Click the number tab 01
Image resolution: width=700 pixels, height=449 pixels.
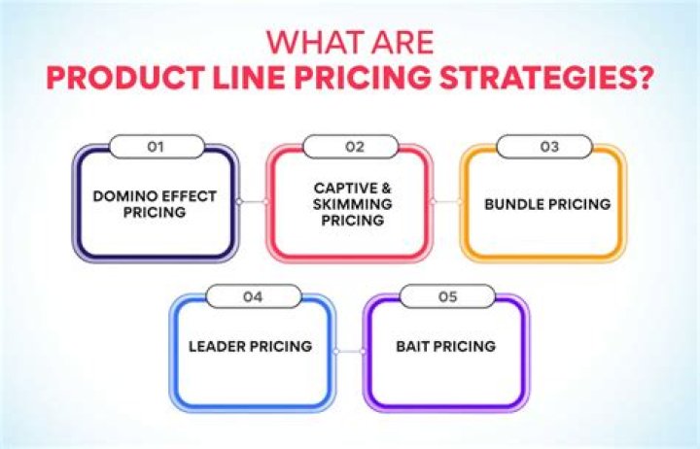pyautogui.click(x=155, y=148)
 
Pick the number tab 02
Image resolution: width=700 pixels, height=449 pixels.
pyautogui.click(x=349, y=148)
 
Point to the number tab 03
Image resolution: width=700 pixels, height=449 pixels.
pyautogui.click(x=542, y=148)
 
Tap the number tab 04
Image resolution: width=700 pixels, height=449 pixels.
pyautogui.click(x=252, y=297)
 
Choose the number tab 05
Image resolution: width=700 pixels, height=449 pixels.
pyautogui.click(x=444, y=297)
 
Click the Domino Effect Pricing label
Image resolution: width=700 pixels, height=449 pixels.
pyautogui.click(x=155, y=204)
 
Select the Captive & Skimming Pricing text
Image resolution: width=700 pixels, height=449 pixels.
pyautogui.click(x=349, y=203)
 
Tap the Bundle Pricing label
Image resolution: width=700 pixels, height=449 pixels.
pyautogui.click(x=542, y=204)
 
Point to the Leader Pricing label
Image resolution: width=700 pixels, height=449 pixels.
pyautogui.click(x=251, y=346)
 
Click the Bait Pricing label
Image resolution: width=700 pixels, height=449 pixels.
pyautogui.click(x=445, y=346)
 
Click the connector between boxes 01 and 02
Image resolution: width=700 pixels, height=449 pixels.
pyautogui.click(x=252, y=202)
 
